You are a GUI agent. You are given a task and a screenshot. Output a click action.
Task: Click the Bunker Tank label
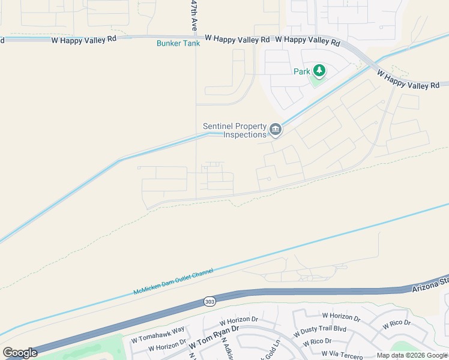[178, 43]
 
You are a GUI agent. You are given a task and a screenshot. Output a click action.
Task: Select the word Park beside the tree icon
[302, 71]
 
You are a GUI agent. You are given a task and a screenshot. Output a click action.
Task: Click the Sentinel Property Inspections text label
[235, 130]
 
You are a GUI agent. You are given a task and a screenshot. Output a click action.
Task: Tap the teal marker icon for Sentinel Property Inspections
[276, 129]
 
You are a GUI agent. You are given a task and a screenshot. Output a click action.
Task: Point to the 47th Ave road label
[194, 16]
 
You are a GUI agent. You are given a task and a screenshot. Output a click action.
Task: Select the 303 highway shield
[209, 301]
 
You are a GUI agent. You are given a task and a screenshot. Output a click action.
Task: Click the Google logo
[20, 353]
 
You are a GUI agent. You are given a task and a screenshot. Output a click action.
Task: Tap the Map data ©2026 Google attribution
[412, 355]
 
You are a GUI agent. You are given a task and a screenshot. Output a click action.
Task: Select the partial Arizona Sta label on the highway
[430, 284]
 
